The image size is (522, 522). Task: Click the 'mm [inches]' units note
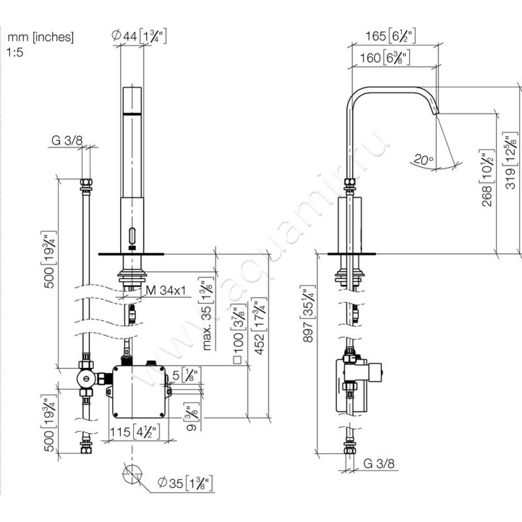40,37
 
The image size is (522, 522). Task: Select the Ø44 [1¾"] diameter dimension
139,37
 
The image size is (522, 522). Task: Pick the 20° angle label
423,157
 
